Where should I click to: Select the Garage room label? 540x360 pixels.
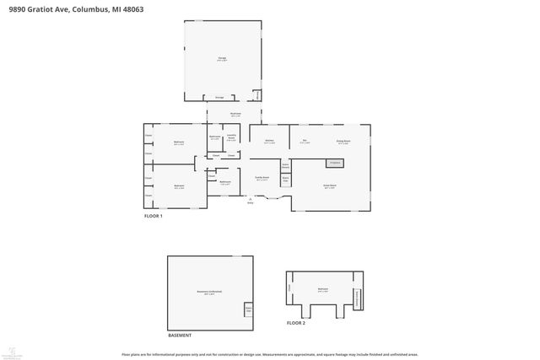[x=223, y=58]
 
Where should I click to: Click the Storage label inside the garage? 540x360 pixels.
[x=219, y=97]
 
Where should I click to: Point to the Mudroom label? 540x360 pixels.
[x=236, y=114]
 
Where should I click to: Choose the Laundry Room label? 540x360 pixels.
[x=232, y=136]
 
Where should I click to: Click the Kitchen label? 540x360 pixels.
[x=268, y=141]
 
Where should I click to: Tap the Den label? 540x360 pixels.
[x=305, y=141]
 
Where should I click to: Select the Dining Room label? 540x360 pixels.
[x=343, y=141]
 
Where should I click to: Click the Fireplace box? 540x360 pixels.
[x=334, y=162]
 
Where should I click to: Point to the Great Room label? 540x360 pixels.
[x=330, y=185]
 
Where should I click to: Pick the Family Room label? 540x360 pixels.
[x=262, y=178]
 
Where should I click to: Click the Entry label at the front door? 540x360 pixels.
[x=251, y=203]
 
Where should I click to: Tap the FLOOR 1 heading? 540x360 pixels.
[x=153, y=216]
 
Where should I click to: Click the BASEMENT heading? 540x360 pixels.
[x=179, y=335]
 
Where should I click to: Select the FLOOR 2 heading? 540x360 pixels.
[x=295, y=323]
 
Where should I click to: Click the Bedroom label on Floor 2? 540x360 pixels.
[x=323, y=289]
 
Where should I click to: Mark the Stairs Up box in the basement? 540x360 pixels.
[x=249, y=309]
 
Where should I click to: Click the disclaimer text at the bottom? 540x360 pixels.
[x=269, y=354]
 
